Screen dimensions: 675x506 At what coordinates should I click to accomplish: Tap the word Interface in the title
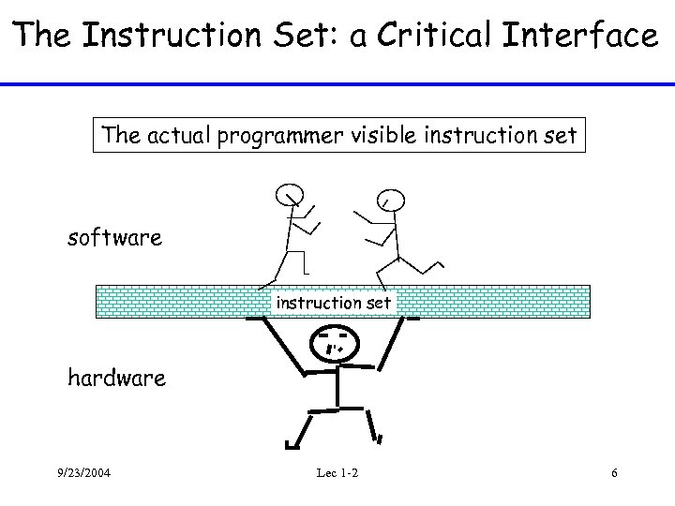[x=584, y=36]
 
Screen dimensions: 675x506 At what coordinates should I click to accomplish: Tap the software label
[x=114, y=237]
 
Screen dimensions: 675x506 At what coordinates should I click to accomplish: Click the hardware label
[x=116, y=378]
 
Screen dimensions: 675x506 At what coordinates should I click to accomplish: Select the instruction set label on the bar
[x=333, y=303]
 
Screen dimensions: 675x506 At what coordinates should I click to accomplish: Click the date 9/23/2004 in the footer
[x=82, y=472]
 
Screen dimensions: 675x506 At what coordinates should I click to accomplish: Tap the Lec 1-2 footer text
[x=337, y=472]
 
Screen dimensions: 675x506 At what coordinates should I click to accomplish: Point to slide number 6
[x=613, y=472]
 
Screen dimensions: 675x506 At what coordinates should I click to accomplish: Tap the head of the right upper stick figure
[x=392, y=199]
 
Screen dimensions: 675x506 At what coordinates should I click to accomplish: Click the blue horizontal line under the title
[x=337, y=84]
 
